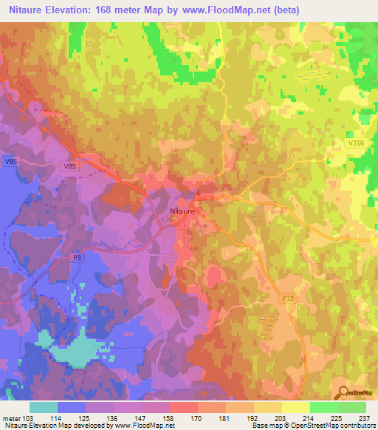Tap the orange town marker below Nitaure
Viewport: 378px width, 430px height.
pos(173,218)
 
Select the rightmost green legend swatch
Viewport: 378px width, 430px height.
pos(352,407)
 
